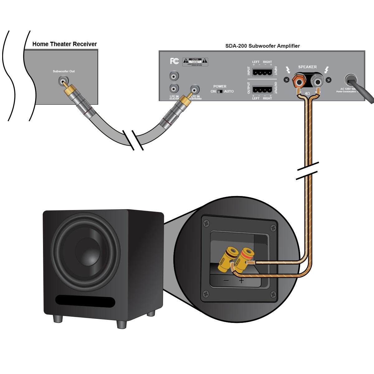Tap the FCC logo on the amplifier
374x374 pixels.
pos(174,61)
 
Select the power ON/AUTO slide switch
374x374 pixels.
pos(220,92)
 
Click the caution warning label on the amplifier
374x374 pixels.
pos(195,61)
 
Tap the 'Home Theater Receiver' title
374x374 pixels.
pos(65,44)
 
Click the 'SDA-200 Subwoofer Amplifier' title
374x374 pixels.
pos(262,46)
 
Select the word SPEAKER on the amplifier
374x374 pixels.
pos(307,67)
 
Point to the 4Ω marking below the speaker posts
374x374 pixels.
pos(308,93)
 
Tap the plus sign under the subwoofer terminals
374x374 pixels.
pos(241,280)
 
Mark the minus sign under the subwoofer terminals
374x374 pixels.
pos(226,280)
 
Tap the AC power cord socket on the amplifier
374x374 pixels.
pos(351,80)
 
